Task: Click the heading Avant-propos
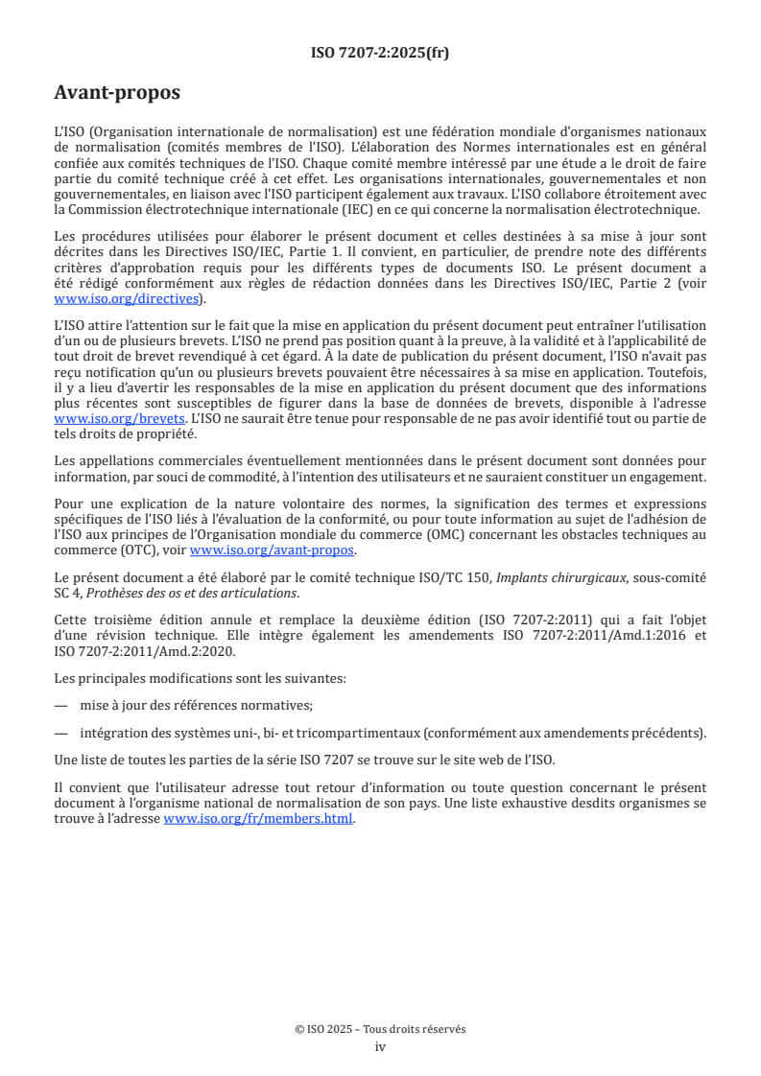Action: (117, 93)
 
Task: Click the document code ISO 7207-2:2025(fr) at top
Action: (380, 54)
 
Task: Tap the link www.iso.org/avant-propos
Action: (273, 550)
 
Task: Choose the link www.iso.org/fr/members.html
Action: (259, 818)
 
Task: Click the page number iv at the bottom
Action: (380, 1046)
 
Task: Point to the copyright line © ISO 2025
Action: (380, 1029)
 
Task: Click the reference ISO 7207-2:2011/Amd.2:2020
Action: (142, 651)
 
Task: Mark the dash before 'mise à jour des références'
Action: (61, 705)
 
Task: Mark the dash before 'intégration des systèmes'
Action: (61, 733)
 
